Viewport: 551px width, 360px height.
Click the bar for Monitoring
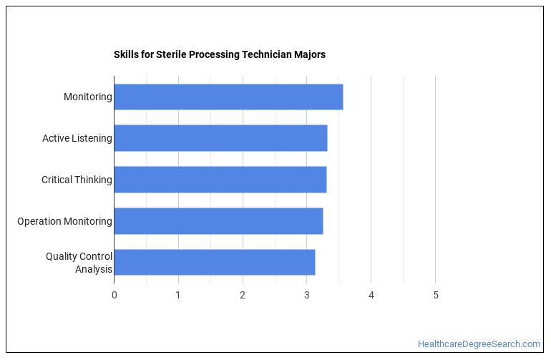coord(228,97)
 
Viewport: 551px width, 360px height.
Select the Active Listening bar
coord(220,138)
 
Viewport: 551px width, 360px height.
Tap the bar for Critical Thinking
coord(220,180)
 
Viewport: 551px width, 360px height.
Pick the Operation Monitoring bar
coord(218,221)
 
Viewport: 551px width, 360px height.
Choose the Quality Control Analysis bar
coord(214,263)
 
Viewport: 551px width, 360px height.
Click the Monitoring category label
coord(87,97)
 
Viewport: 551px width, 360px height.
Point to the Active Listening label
coord(77,138)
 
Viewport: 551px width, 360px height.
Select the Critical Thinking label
coord(77,180)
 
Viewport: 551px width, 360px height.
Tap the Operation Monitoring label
coord(64,221)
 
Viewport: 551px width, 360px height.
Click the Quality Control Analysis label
coord(79,263)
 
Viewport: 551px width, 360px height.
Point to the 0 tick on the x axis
coord(114,295)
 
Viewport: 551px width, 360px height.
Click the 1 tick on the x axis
coord(178,295)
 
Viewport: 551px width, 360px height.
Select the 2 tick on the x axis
coord(243,295)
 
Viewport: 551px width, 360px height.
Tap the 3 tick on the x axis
coord(307,295)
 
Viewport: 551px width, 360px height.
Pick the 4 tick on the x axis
coord(371,295)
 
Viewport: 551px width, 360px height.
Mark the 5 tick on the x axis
coord(435,295)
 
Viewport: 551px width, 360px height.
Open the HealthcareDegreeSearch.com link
coord(479,344)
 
